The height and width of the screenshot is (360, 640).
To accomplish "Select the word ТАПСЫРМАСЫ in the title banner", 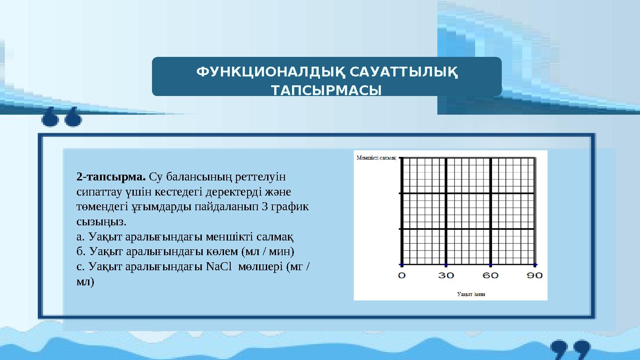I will [327, 91].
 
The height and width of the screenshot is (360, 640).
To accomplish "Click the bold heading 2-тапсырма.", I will [111, 177].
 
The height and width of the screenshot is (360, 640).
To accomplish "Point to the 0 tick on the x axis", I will [402, 276].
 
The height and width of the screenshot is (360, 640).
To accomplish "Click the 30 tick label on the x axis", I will [446, 276].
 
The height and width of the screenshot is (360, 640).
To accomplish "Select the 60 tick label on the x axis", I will [491, 276].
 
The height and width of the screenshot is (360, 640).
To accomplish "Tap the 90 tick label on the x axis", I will [535, 276].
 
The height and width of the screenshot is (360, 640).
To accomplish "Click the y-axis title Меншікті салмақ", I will [376, 158].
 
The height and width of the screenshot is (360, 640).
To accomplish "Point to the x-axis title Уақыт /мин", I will [471, 294].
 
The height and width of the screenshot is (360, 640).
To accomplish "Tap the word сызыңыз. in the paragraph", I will [101, 221].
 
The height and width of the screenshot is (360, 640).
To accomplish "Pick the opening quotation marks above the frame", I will [62, 117].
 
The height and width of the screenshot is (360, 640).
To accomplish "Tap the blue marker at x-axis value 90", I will [535, 264].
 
